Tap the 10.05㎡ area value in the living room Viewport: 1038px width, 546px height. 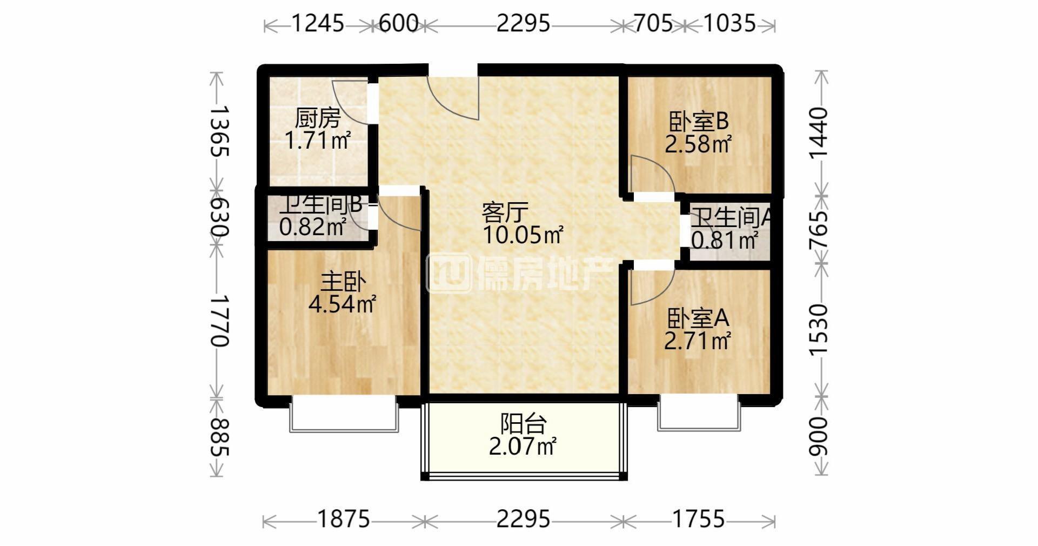point(523,235)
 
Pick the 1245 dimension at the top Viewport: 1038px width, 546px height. point(318,23)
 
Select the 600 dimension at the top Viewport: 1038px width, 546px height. point(399,23)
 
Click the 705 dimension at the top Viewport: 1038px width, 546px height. point(653,23)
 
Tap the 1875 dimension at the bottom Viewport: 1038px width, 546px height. point(344,520)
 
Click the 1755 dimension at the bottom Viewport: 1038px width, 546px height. point(698,520)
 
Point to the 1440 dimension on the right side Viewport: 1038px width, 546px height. point(818,133)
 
